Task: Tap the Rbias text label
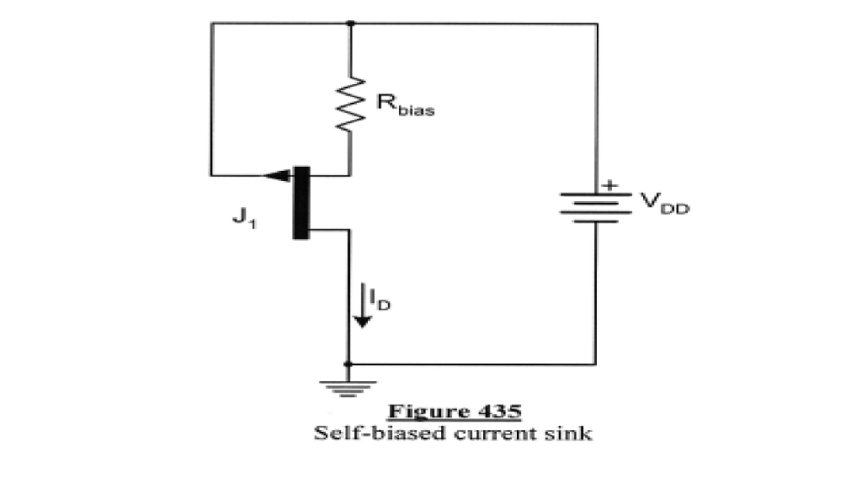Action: coord(405,106)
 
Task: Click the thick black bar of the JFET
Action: coord(301,202)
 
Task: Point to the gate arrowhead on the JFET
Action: coord(275,176)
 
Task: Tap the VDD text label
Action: coord(663,202)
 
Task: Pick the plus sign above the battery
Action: coord(610,184)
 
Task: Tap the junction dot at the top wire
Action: coord(350,24)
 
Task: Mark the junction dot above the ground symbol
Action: coord(349,364)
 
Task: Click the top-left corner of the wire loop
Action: coord(211,24)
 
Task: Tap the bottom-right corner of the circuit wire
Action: coord(596,364)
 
